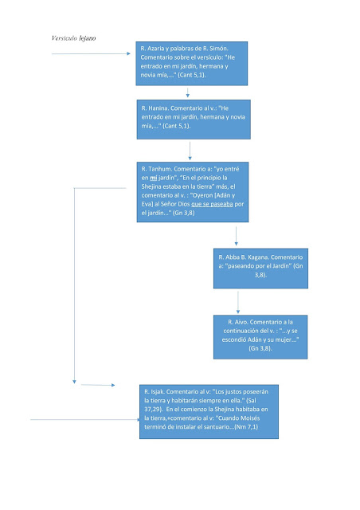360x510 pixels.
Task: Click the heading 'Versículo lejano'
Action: [x=73, y=38]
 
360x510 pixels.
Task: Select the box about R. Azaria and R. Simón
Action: [x=191, y=64]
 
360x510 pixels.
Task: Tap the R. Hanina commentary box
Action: [x=194, y=120]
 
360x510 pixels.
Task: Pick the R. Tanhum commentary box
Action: [x=193, y=192]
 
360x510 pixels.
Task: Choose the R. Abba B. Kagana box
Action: [x=260, y=269]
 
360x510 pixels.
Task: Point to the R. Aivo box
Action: [x=260, y=337]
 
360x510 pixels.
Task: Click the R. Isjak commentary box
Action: [x=209, y=411]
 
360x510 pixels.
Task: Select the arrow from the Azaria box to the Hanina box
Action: [x=188, y=92]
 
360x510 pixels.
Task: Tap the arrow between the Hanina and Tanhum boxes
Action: [x=190, y=151]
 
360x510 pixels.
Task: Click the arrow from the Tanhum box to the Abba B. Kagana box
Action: [x=236, y=236]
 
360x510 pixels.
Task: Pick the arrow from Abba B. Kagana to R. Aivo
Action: [x=238, y=302]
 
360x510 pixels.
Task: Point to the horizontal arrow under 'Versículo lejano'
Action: [x=91, y=53]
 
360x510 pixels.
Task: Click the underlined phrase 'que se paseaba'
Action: [x=212, y=204]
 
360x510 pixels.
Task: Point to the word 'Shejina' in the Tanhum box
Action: [x=151, y=186]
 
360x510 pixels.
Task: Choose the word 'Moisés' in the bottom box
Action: [x=251, y=418]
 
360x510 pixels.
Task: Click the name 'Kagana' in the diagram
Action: [x=259, y=257]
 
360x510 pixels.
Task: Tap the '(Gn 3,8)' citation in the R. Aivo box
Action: [x=260, y=348]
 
